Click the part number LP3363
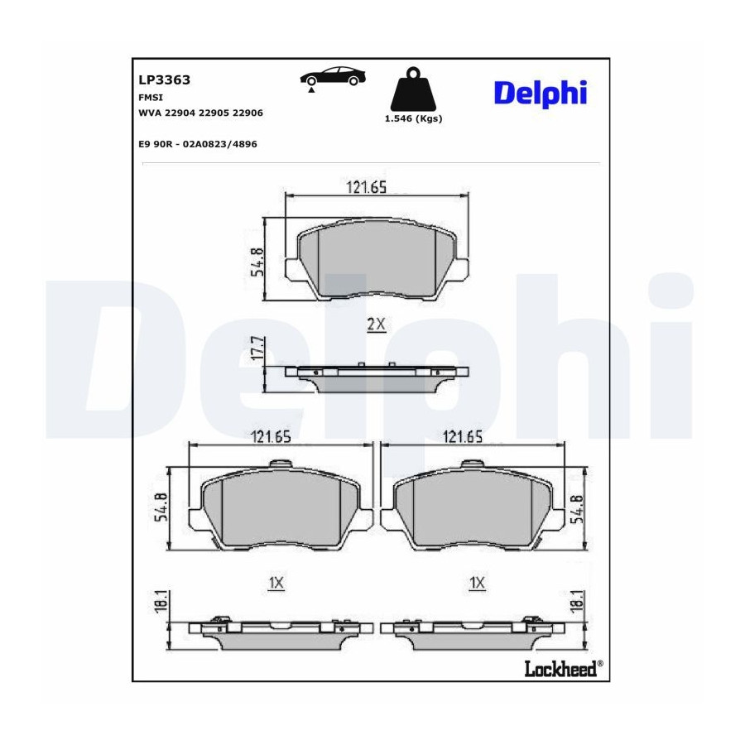(165, 79)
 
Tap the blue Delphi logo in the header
(541, 93)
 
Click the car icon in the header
(333, 77)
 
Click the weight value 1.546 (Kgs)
(413, 118)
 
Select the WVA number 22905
(214, 113)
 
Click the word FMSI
(151, 98)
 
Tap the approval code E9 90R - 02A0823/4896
(198, 144)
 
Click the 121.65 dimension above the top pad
(367, 187)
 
